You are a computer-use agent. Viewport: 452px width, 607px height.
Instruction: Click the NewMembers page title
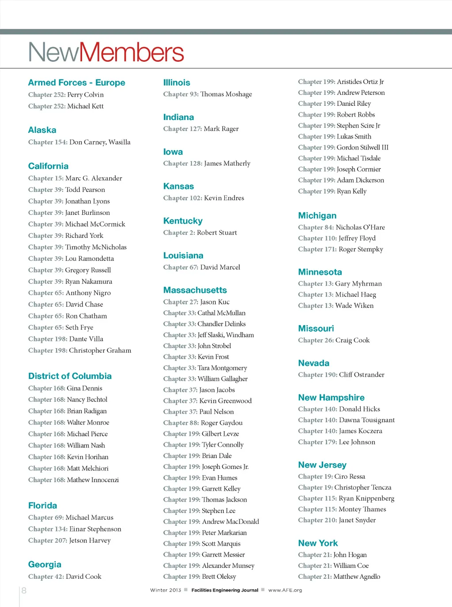[106, 52]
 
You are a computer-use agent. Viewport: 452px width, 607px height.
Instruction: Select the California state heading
[48, 166]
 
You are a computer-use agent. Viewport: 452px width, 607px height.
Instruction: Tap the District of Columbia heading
[70, 376]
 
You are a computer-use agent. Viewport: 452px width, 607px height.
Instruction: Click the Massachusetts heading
[195, 290]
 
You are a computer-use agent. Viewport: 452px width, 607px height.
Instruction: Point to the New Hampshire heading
[331, 397]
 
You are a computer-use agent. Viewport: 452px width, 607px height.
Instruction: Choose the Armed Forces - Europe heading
[76, 82]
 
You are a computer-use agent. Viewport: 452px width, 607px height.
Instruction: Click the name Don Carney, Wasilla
[100, 142]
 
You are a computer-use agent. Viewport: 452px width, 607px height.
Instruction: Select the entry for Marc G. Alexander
[94, 178]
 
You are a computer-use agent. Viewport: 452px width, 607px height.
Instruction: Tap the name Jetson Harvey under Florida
[90, 540]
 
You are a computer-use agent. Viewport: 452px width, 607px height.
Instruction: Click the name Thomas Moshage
[226, 94]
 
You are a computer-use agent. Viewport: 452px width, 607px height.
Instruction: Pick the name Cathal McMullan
[221, 313]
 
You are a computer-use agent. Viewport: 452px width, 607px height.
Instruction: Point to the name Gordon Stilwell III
[362, 147]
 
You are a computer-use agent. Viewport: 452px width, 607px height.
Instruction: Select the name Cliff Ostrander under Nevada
[362, 375]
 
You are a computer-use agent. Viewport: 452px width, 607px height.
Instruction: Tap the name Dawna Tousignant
[366, 420]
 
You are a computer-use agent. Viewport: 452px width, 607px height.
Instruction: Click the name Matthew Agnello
[357, 577]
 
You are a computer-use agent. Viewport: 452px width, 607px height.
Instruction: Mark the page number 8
[24, 590]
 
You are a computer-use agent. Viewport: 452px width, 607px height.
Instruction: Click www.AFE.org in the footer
[285, 590]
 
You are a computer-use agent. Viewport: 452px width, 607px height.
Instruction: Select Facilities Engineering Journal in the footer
[225, 590]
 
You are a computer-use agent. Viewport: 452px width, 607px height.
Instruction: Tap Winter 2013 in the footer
[166, 590]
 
